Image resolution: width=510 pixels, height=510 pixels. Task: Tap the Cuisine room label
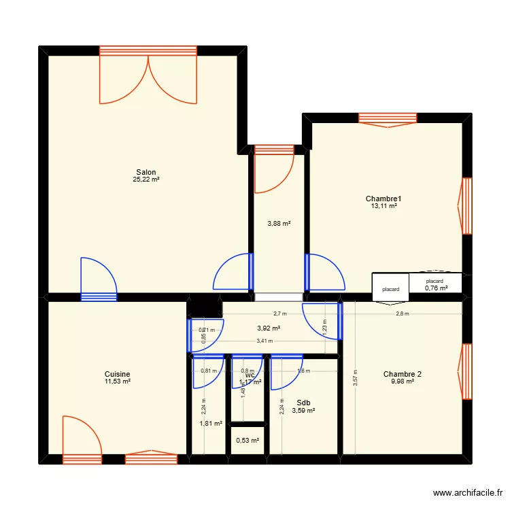118,374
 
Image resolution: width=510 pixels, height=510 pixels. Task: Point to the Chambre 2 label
402,374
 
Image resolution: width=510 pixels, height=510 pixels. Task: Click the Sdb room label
303,403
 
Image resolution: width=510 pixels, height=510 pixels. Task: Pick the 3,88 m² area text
279,223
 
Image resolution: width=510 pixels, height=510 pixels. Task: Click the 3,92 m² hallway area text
269,328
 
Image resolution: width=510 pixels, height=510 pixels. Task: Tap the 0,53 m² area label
248,441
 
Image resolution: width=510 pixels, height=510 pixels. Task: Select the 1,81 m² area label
211,424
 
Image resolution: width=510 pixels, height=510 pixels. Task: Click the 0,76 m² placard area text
436,288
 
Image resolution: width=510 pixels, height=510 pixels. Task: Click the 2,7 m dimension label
279,314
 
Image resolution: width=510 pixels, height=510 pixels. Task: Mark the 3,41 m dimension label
264,341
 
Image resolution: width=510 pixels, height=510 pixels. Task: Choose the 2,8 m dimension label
403,314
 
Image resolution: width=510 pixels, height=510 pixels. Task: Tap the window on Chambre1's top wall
387,119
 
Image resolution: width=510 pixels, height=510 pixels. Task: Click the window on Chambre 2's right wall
466,371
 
